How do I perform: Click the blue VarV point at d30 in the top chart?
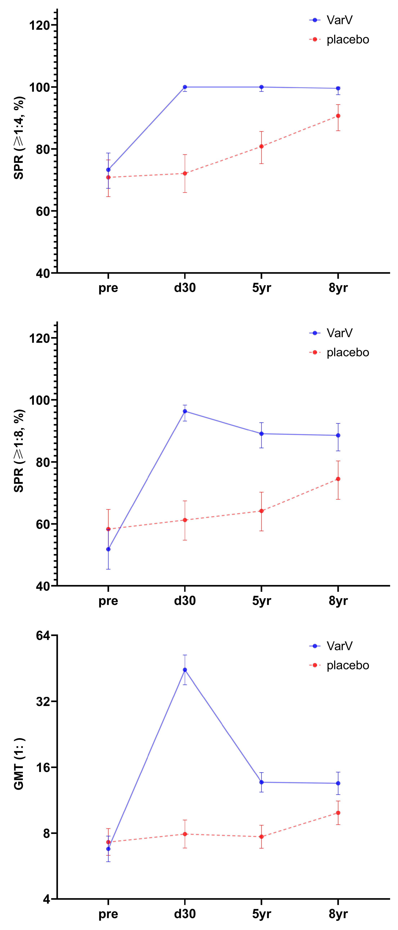coord(185,87)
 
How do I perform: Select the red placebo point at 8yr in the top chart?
coord(338,116)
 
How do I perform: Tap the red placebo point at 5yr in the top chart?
coord(261,146)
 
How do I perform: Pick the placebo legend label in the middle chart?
coord(347,352)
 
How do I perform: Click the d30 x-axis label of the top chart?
coord(185,288)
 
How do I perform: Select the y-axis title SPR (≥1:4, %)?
coord(19,138)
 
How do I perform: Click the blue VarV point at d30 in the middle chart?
coord(185,411)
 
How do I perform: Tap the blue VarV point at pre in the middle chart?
coord(108,549)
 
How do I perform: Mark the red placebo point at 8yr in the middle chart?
coord(338,479)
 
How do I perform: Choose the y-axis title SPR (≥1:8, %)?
coord(19,451)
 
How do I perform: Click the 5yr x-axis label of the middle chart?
coord(261,601)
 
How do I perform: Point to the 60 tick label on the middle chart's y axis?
coord(43,524)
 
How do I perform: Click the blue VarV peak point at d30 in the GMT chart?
coord(185,670)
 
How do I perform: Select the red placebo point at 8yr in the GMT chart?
coord(338,813)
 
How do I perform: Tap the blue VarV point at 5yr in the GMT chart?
coord(261,782)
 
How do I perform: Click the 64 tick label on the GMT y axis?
coord(43,635)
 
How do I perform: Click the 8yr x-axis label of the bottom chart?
coord(338,914)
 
